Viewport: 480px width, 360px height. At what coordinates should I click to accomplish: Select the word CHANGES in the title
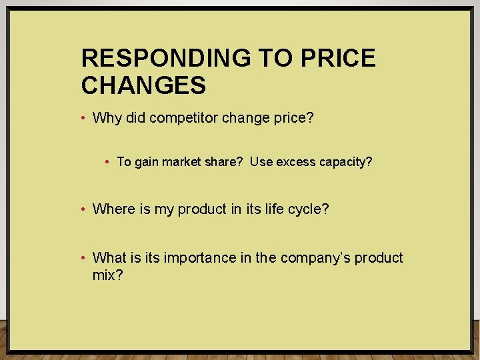[x=143, y=85]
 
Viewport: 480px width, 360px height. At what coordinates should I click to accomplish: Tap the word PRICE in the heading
[x=339, y=59]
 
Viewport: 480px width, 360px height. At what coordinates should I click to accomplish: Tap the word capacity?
[x=347, y=162]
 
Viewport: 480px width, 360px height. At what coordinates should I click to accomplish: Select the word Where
[x=114, y=209]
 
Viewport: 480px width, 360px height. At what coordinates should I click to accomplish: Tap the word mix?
[x=107, y=275]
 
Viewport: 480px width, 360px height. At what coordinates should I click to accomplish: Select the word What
[x=109, y=258]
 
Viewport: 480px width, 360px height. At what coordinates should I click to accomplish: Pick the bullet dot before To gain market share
[x=109, y=162]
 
